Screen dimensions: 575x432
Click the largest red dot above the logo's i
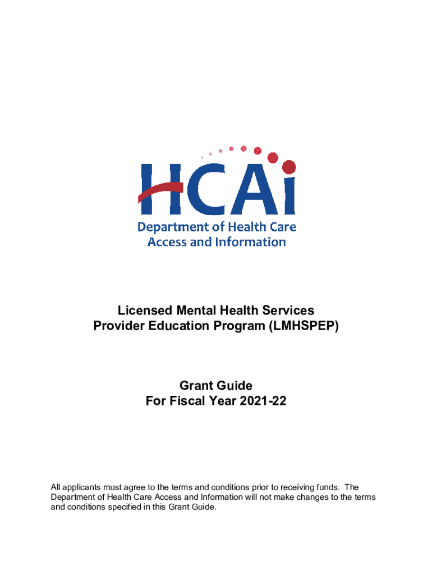pyautogui.click(x=289, y=167)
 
